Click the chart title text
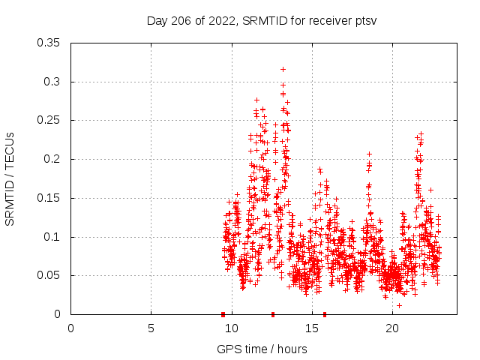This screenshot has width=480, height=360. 261,20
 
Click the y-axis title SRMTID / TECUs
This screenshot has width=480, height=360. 10,178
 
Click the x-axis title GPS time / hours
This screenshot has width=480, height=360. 261,349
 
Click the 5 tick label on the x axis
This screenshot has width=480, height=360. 151,328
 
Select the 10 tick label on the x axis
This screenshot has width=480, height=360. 231,328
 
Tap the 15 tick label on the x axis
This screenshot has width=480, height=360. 311,328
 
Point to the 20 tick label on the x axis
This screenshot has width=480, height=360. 391,328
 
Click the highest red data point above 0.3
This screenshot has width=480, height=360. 283,69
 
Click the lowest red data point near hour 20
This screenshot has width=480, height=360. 399,305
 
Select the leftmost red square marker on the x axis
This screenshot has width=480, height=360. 223,314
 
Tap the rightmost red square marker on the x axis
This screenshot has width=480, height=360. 325,314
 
